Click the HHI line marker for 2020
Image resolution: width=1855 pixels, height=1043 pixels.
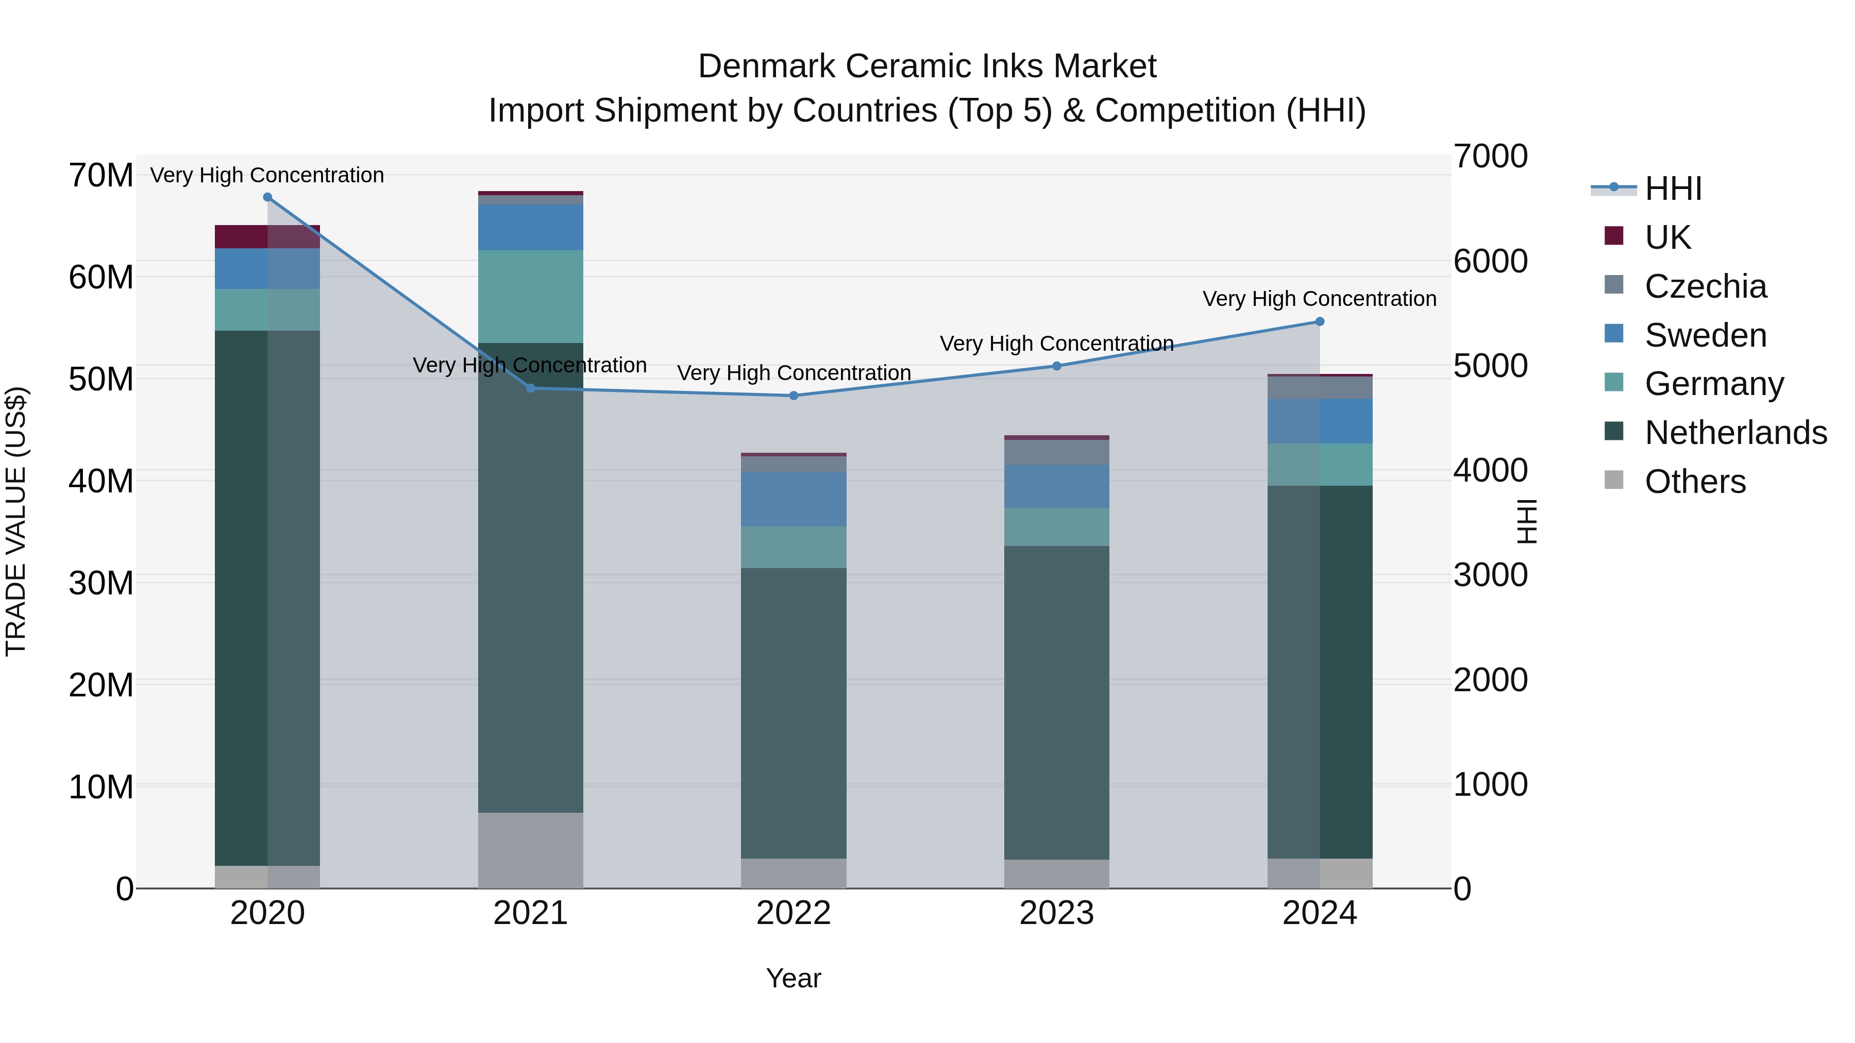(x=267, y=197)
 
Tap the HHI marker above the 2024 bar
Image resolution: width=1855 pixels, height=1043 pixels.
(x=1319, y=322)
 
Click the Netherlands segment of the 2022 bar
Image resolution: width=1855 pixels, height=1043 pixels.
(x=794, y=713)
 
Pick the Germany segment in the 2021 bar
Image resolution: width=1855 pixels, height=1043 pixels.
(x=531, y=297)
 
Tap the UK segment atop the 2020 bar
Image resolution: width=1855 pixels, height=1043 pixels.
(x=267, y=236)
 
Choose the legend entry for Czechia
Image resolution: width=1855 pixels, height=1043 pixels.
(x=1705, y=286)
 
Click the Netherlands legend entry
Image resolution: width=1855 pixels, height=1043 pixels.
(x=1735, y=433)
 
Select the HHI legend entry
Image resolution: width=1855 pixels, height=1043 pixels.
(x=1673, y=189)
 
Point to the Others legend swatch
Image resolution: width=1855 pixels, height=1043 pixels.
(x=1614, y=480)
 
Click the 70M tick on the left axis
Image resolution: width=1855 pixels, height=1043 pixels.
(x=101, y=176)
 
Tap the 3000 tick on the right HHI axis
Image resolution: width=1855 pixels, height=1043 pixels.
(x=1490, y=575)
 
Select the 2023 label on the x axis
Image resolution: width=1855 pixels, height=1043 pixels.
(x=1056, y=913)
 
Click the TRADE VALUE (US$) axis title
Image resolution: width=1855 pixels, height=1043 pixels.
(x=16, y=521)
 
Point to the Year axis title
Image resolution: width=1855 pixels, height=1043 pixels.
(x=794, y=978)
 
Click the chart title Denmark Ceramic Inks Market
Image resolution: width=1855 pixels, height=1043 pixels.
(x=927, y=66)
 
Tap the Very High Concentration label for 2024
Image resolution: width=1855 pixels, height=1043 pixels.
(x=1319, y=299)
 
